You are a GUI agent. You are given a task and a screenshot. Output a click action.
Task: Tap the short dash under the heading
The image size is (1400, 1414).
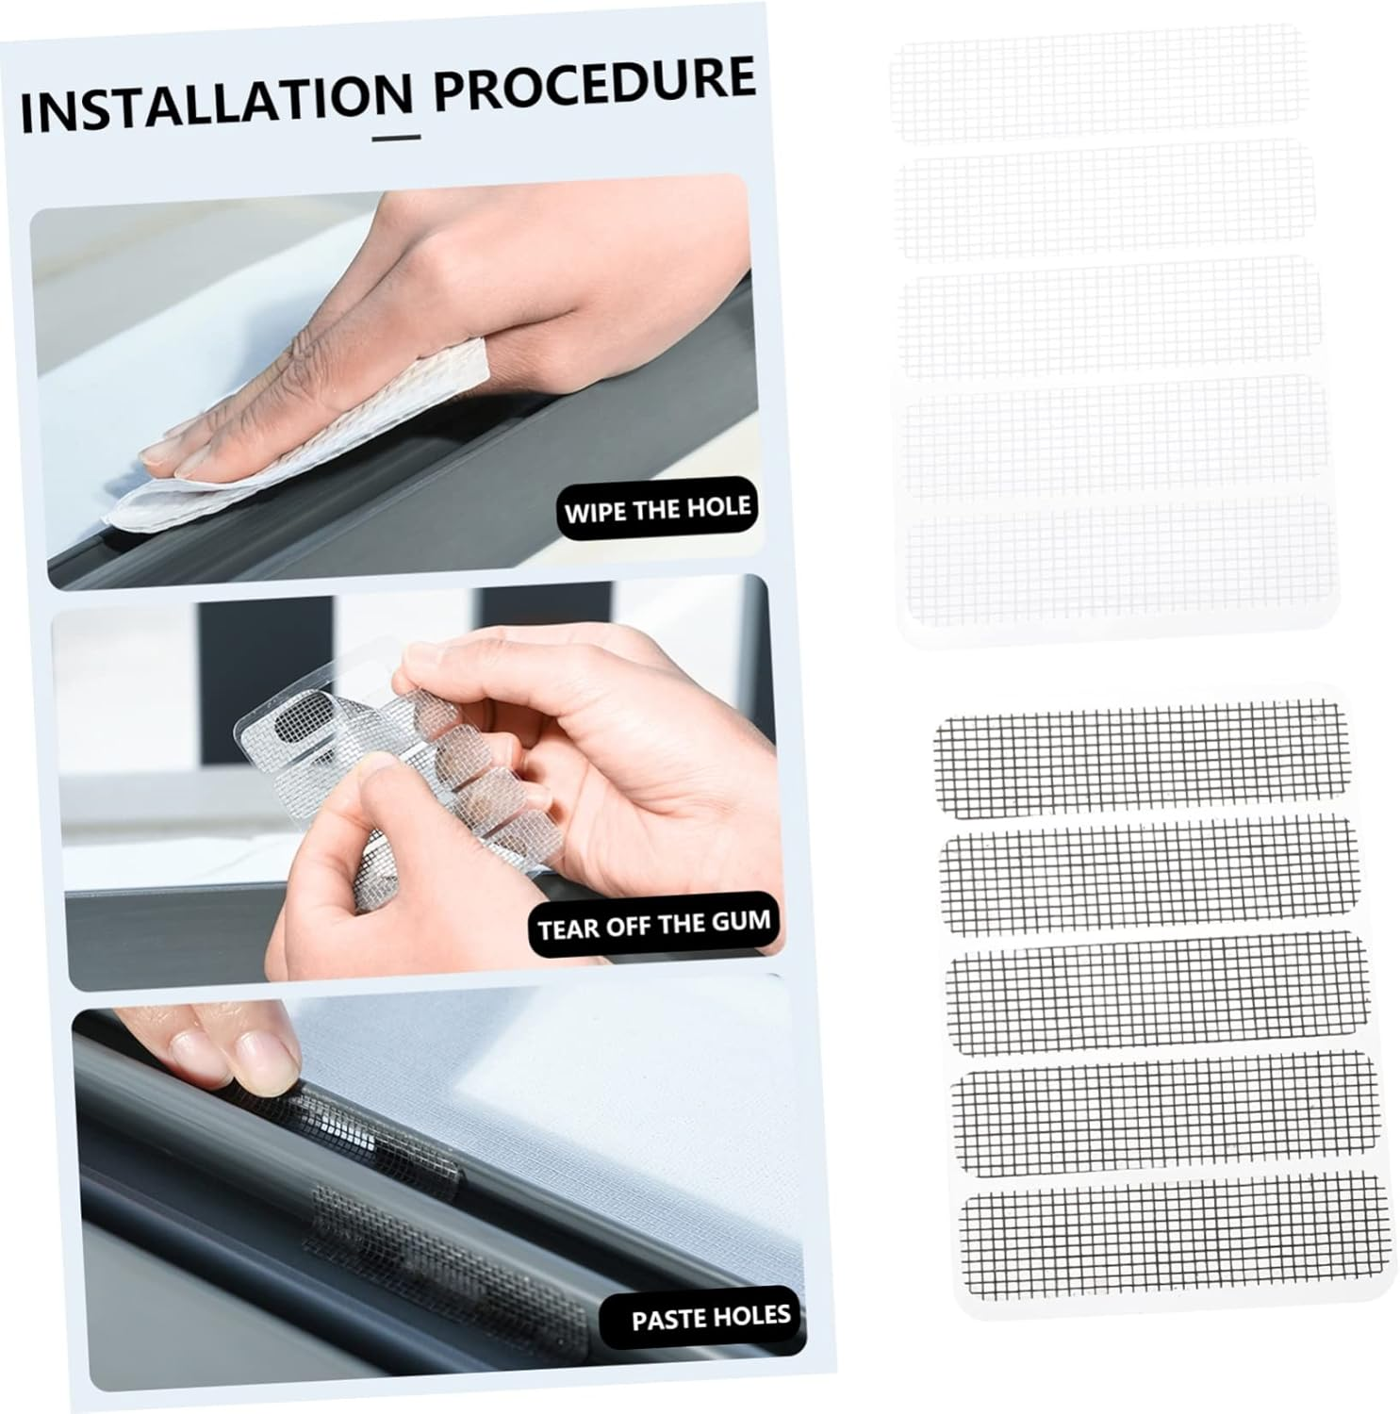[x=397, y=138]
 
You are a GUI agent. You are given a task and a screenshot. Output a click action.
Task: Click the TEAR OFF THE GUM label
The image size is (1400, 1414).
[x=653, y=924]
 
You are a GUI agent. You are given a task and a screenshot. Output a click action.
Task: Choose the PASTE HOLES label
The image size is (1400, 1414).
[x=710, y=1316]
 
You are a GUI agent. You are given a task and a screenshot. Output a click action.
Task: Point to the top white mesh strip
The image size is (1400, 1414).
[x=1096, y=85]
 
